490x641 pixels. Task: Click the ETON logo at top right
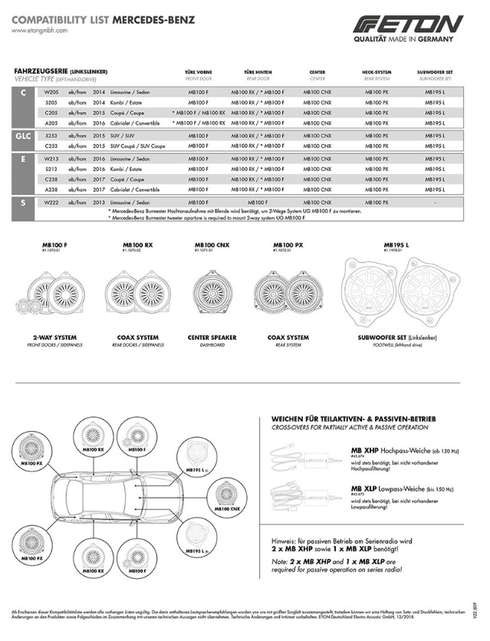click(408, 24)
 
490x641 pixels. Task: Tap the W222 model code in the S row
click(51, 202)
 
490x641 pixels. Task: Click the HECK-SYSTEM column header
click(376, 71)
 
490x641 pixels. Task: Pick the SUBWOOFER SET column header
click(435, 71)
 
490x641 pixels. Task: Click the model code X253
click(51, 134)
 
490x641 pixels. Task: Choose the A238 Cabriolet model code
click(51, 189)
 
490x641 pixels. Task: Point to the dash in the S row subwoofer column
click(435, 202)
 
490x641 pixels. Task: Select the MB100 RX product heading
click(137, 245)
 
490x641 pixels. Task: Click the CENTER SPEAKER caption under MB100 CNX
click(212, 337)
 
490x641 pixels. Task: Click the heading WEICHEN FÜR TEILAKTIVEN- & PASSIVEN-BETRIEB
click(354, 418)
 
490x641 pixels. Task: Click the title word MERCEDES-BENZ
click(153, 18)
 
